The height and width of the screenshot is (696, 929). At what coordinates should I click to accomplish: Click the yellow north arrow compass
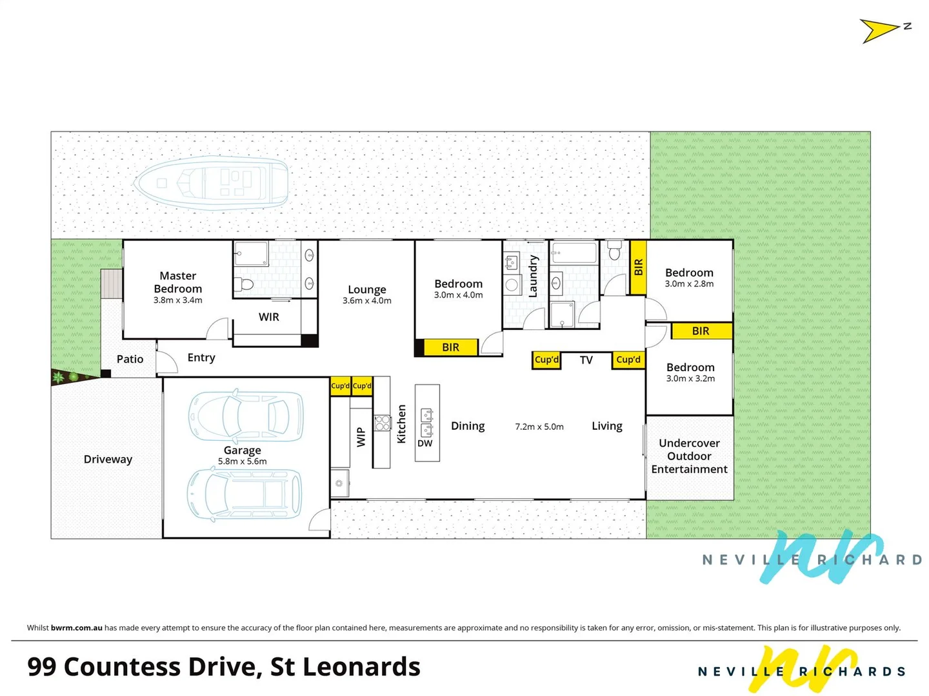pyautogui.click(x=879, y=30)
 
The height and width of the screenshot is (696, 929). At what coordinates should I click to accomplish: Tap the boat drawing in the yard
pyautogui.click(x=212, y=183)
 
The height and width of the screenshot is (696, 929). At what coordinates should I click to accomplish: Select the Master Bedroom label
pyautogui.click(x=178, y=282)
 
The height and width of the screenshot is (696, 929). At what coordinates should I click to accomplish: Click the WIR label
pyautogui.click(x=269, y=317)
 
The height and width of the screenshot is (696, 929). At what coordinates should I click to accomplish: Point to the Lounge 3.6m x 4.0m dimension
pyautogui.click(x=367, y=301)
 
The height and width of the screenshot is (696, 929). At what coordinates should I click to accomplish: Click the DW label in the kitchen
pyautogui.click(x=425, y=443)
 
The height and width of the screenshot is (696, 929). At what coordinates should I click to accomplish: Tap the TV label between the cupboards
pyautogui.click(x=586, y=360)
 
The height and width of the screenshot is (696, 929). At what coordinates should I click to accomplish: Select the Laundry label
pyautogui.click(x=533, y=276)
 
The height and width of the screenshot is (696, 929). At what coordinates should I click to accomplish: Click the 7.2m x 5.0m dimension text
pyautogui.click(x=539, y=427)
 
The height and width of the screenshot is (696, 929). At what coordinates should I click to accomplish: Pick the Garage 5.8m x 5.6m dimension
pyautogui.click(x=243, y=461)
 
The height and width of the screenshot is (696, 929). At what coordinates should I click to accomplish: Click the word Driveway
pyautogui.click(x=108, y=459)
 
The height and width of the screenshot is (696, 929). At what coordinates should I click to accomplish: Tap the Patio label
pyautogui.click(x=130, y=359)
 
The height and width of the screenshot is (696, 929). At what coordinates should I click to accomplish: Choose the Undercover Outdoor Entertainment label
pyautogui.click(x=690, y=456)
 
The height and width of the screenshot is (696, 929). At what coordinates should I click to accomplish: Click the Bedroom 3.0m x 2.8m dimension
pyautogui.click(x=690, y=284)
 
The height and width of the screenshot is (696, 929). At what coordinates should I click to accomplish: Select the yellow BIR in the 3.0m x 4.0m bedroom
pyautogui.click(x=451, y=347)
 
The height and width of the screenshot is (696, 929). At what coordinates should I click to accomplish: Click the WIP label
pyautogui.click(x=361, y=437)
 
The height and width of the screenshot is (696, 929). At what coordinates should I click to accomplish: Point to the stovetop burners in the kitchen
pyautogui.click(x=383, y=423)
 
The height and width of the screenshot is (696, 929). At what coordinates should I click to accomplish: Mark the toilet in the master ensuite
pyautogui.click(x=244, y=284)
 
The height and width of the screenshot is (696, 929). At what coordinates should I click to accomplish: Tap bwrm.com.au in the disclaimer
pyautogui.click(x=77, y=628)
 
